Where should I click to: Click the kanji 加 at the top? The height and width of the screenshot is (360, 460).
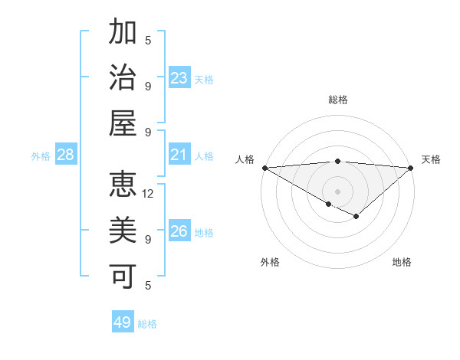tap(123, 33)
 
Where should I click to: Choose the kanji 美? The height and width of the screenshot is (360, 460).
tap(123, 231)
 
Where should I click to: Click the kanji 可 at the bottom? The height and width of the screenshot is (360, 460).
tap(123, 276)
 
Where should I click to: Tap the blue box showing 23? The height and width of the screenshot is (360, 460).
tap(179, 77)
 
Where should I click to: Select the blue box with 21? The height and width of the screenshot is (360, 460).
tap(179, 155)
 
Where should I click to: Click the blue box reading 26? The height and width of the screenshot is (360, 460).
tap(179, 231)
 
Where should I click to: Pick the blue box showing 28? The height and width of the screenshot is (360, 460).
tap(66, 155)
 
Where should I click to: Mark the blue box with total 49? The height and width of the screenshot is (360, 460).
tap(123, 322)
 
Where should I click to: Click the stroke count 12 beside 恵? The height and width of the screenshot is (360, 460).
tap(149, 194)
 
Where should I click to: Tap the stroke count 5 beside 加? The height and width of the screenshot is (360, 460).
tap(149, 41)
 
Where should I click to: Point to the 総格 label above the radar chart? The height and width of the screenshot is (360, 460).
tap(337, 100)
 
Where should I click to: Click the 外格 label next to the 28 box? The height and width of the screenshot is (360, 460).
tap(41, 156)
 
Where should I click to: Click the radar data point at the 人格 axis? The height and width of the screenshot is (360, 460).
tap(264, 168)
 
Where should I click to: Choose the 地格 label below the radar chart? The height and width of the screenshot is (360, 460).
tap(402, 262)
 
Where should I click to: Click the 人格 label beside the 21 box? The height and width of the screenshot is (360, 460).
tap(204, 156)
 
